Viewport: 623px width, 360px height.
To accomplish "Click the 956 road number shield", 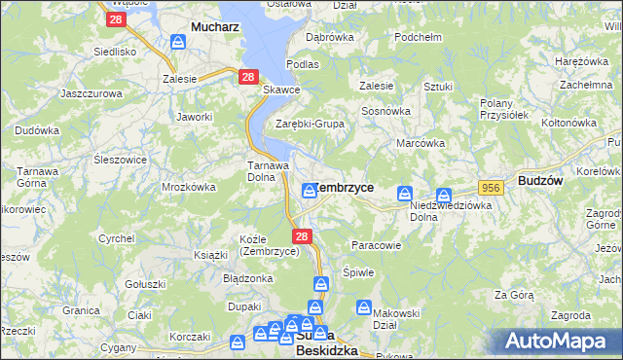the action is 489,187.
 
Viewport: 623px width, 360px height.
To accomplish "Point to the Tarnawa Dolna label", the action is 266,170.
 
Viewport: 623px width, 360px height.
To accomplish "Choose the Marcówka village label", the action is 421,143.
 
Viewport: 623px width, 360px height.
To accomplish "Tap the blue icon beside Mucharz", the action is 178,42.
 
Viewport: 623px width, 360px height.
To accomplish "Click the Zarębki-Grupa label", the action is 310,125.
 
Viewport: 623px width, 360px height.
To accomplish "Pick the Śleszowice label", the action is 121,160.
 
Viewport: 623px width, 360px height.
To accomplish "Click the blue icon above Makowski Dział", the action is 363,308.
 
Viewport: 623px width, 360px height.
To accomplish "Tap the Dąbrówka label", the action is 329,37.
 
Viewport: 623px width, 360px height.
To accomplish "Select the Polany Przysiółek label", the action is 503,109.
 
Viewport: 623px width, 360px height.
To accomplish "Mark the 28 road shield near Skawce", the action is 248,75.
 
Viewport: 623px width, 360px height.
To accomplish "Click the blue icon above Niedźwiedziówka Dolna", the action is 444,195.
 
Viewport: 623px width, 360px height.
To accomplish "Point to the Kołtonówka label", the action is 568,123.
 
